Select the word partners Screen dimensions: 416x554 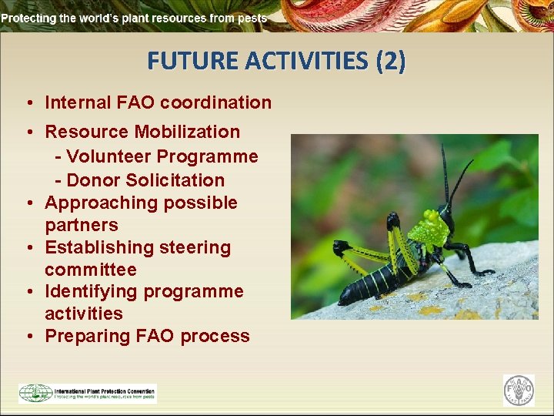click(x=82, y=225)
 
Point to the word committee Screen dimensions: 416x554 click(x=90, y=270)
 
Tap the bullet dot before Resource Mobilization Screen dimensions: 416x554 click(x=27, y=133)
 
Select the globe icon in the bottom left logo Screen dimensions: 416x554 click(x=35, y=393)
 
